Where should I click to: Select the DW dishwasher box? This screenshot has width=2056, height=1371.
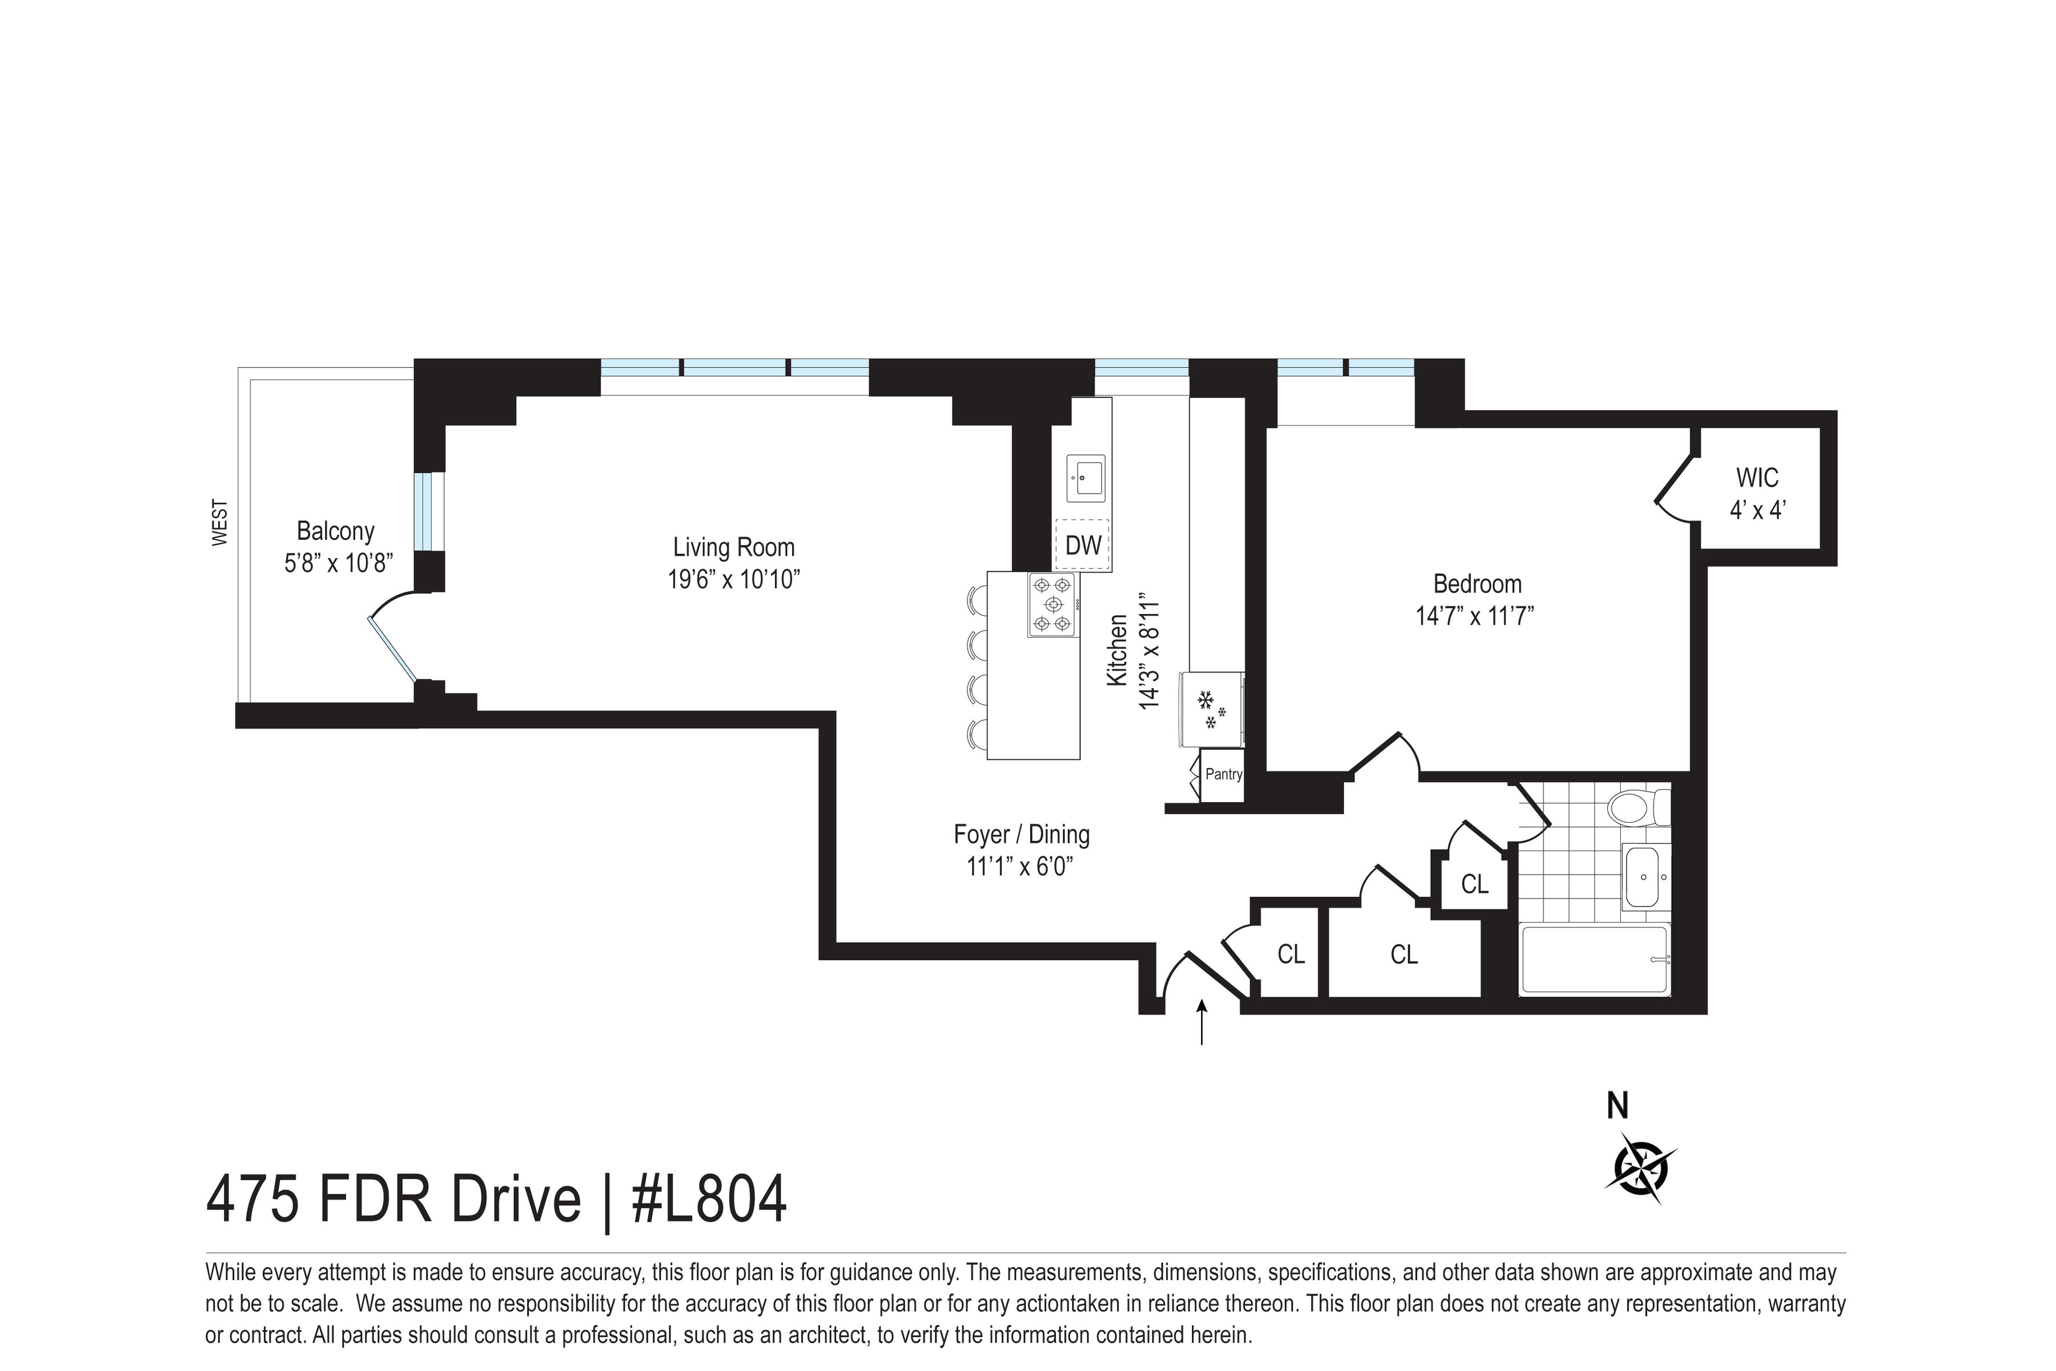tap(1082, 546)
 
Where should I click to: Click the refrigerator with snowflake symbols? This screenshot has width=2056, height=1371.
tap(1211, 709)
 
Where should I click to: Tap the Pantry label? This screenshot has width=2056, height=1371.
tap(1223, 774)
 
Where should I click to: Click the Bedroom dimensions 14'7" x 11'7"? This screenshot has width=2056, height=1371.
tap(1476, 616)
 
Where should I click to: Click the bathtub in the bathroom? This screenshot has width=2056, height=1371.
tap(1595, 959)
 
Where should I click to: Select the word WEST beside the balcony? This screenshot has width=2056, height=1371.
tap(220, 523)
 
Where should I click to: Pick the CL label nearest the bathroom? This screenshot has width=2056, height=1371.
tap(1475, 885)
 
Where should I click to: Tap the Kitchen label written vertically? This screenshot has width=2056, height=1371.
tap(1117, 650)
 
